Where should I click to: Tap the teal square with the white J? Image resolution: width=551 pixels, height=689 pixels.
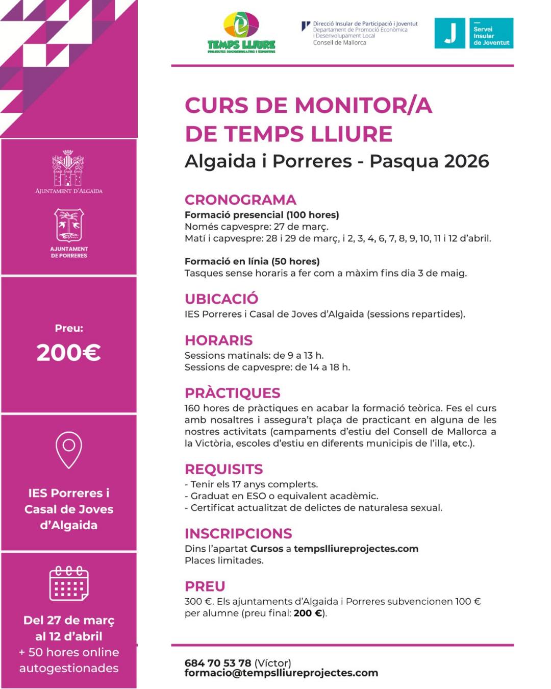(x=449, y=33)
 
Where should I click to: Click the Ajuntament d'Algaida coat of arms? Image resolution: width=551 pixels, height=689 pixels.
(x=68, y=168)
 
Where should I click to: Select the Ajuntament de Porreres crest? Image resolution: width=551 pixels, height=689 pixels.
(x=69, y=225)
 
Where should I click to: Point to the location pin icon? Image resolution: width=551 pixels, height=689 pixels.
(x=68, y=449)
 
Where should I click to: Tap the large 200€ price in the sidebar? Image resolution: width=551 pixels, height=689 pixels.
(x=68, y=353)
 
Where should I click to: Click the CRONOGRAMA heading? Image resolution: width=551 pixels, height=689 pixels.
(x=240, y=200)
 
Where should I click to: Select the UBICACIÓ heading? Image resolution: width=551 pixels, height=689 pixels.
(x=221, y=299)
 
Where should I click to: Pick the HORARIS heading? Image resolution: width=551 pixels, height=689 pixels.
(x=218, y=340)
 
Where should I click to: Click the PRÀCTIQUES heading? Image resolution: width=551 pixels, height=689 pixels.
(x=232, y=393)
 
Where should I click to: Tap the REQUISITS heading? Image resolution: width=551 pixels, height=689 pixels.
(x=223, y=469)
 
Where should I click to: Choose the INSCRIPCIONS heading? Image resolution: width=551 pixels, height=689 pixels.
(x=238, y=533)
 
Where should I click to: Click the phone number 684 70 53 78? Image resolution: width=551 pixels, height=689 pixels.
(x=218, y=663)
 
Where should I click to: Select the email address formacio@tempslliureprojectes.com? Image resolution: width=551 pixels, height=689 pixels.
(x=281, y=673)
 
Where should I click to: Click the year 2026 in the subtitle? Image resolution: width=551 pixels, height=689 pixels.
(x=466, y=161)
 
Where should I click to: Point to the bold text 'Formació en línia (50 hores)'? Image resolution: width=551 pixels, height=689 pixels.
(x=252, y=261)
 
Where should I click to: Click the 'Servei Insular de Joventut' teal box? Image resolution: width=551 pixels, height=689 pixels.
(x=491, y=33)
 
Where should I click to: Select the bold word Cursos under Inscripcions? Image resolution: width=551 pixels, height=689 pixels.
(x=266, y=549)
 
